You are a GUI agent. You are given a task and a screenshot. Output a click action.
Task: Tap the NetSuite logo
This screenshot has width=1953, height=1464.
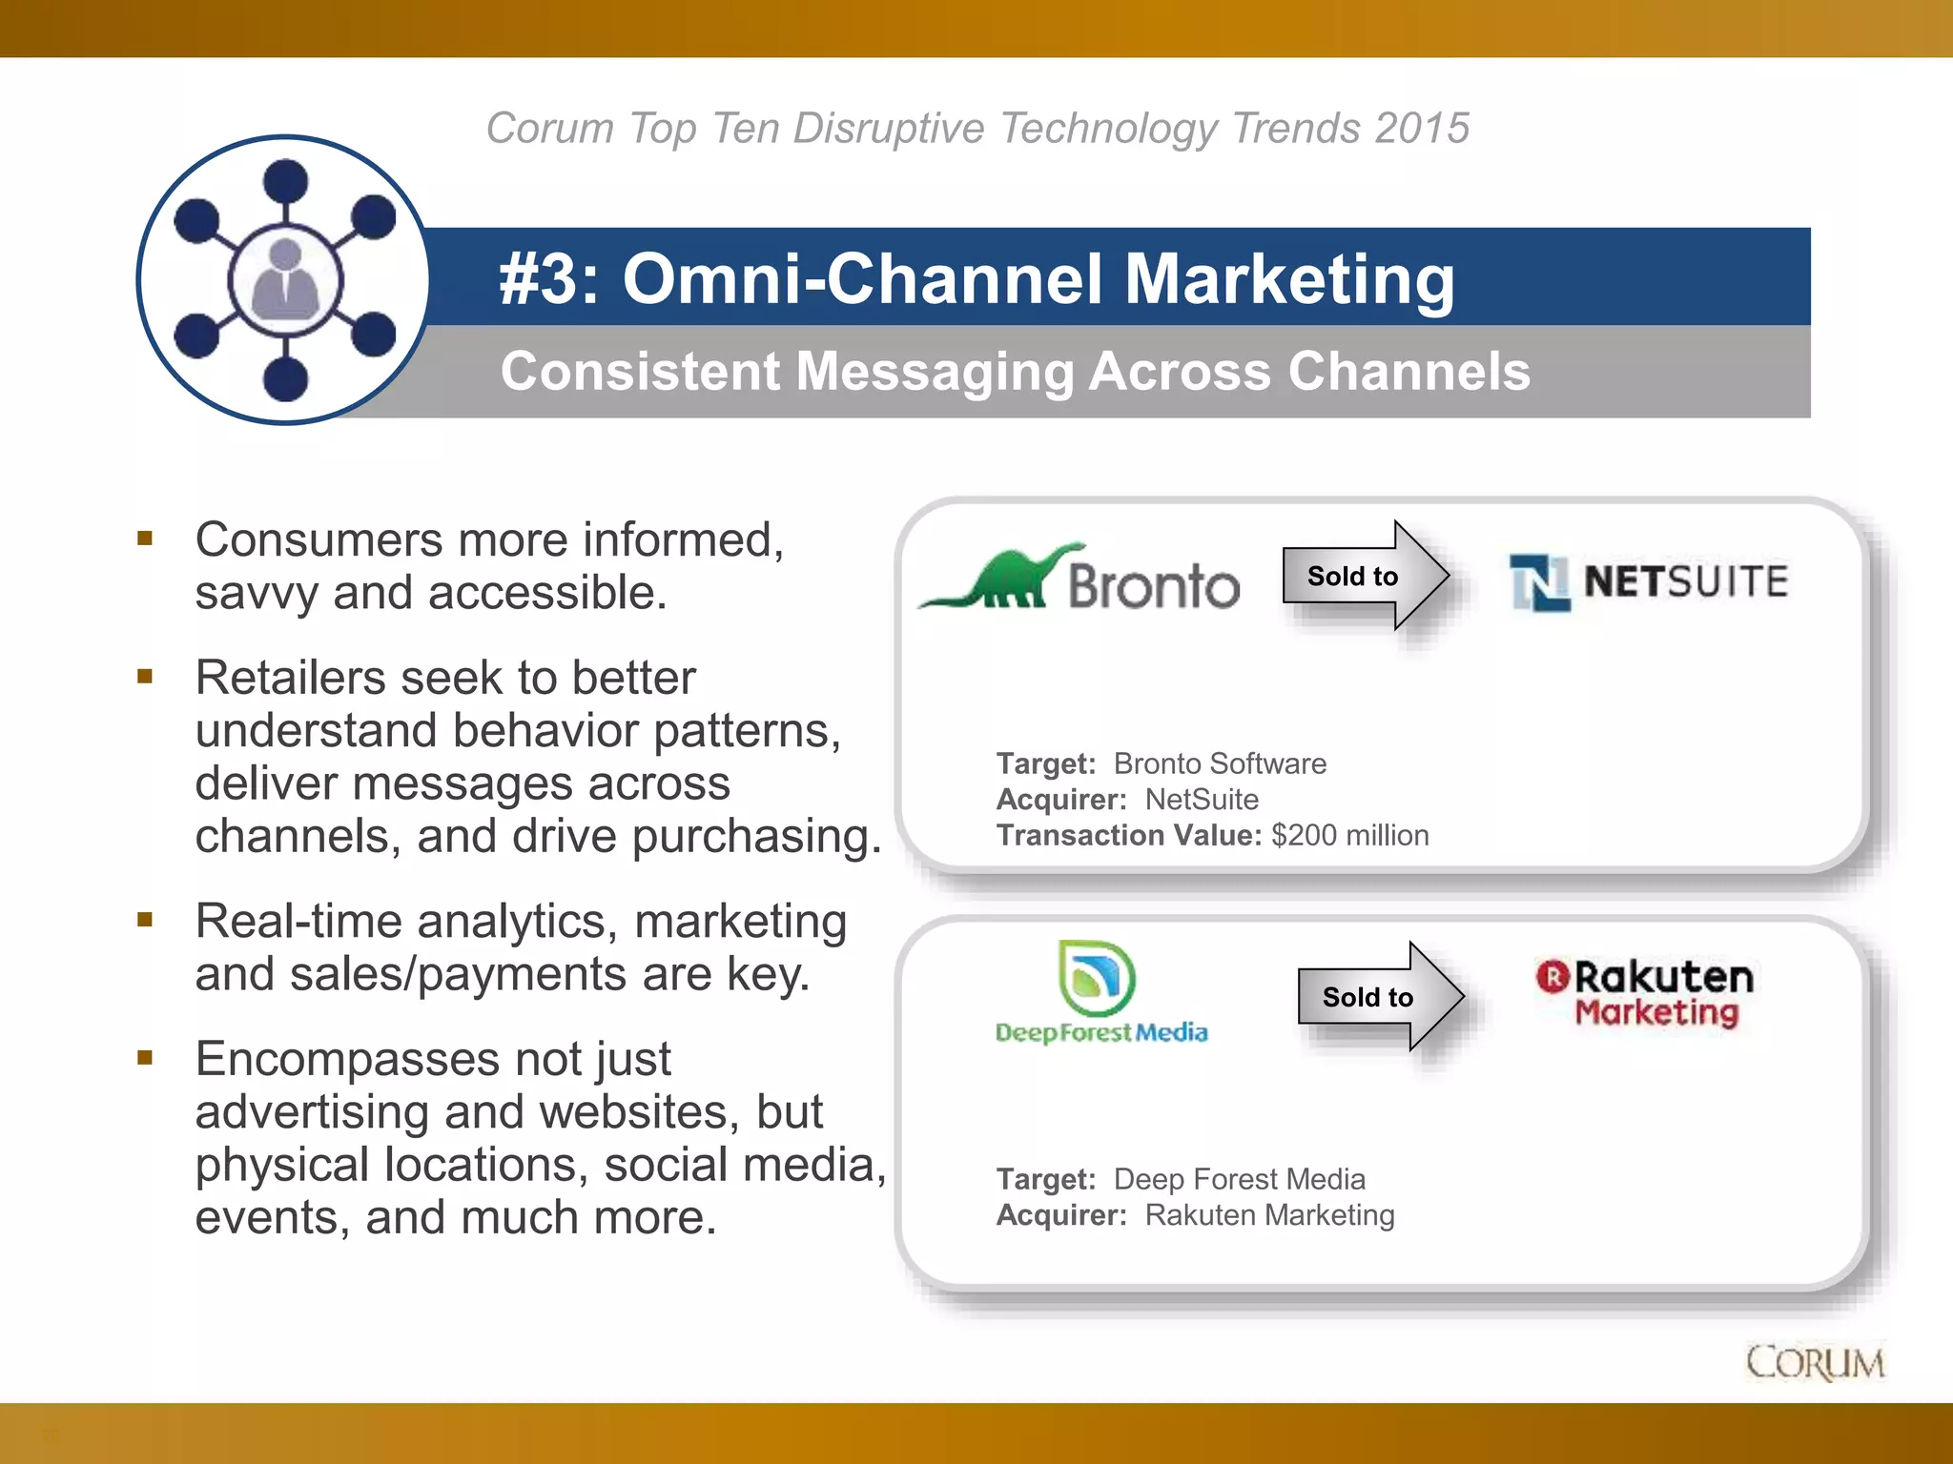click(1648, 581)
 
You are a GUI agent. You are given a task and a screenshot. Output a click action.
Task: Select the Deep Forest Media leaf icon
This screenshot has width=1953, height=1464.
click(1097, 978)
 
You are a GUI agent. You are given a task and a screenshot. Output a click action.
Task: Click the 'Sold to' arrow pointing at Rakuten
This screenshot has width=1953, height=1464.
click(1379, 997)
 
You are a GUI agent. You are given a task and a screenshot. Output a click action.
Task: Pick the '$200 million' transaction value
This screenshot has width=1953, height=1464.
click(1349, 836)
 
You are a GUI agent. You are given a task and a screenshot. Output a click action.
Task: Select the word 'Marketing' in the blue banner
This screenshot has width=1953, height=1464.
click(1289, 279)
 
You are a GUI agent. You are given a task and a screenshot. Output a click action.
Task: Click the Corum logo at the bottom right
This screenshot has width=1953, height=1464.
click(1815, 1362)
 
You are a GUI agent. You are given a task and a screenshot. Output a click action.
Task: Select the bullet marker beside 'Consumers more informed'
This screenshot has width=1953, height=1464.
click(145, 539)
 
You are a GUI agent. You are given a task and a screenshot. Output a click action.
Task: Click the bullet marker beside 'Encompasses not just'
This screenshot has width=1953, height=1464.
click(145, 1058)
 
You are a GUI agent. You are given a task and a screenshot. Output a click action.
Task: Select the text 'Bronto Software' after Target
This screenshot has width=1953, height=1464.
click(1220, 764)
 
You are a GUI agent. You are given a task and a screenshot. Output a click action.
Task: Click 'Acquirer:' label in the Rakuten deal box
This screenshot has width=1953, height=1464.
click(1060, 1216)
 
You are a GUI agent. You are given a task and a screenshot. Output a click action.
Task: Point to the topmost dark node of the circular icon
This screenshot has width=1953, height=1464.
click(284, 180)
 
